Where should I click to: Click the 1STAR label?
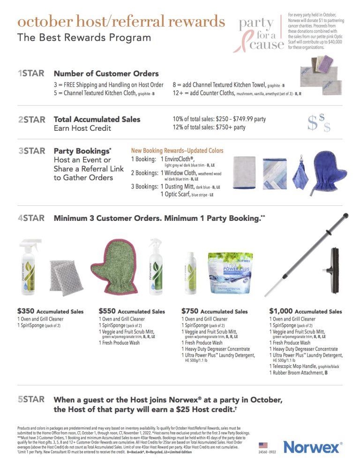point(31,74)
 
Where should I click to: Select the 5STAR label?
point(31,399)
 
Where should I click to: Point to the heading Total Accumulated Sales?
point(97,119)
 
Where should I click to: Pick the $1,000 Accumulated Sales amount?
point(280,311)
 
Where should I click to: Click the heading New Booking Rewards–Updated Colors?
point(177,150)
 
